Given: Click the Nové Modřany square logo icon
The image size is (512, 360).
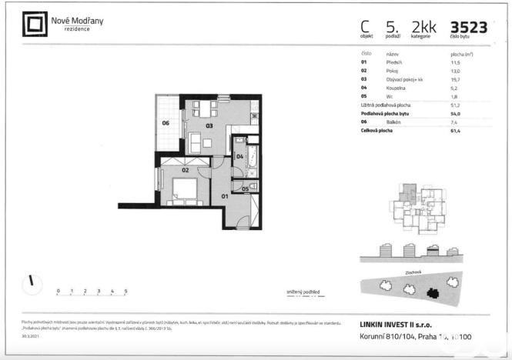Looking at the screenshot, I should [x=33, y=25].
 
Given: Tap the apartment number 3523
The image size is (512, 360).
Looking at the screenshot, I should [x=468, y=27].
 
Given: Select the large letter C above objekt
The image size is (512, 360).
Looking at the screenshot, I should [x=365, y=26].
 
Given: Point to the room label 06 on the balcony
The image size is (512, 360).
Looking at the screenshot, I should [x=166, y=123].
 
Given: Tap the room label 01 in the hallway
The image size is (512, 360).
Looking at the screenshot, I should [x=226, y=196].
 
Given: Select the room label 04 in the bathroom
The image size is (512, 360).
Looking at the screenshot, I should [x=239, y=156].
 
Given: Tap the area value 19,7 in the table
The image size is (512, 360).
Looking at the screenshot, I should [x=454, y=78].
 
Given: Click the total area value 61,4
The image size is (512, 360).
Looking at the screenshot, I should [x=454, y=132].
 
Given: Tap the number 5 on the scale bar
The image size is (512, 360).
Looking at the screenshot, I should [x=125, y=292].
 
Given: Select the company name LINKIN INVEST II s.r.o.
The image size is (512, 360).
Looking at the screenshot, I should [x=400, y=325].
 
